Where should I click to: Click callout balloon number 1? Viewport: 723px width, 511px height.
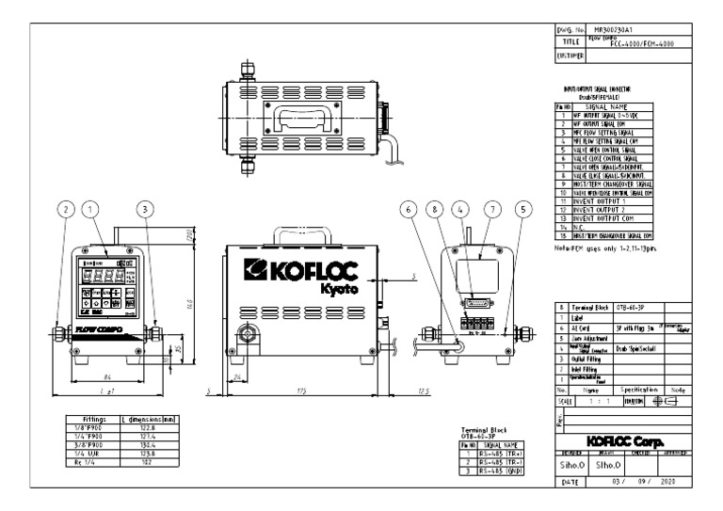pos(88,212)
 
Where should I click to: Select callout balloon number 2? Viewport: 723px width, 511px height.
pos(63,212)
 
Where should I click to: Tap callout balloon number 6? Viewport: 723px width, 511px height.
pos(408,212)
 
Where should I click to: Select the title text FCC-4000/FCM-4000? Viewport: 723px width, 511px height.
pos(624,43)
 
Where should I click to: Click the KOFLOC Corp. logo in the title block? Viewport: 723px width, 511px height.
pos(621,439)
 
